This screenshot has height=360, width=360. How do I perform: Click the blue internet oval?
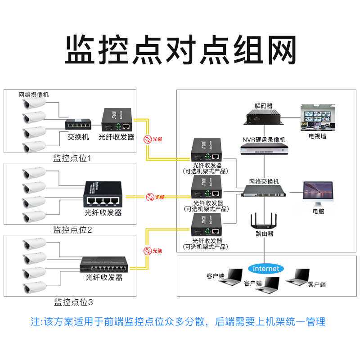point(266,269)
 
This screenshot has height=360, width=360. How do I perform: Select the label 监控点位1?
point(72,158)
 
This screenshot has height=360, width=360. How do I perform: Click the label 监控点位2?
point(72,230)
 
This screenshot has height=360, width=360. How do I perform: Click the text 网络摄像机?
point(34,95)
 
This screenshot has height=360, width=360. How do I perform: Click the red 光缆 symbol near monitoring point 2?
point(149,197)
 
